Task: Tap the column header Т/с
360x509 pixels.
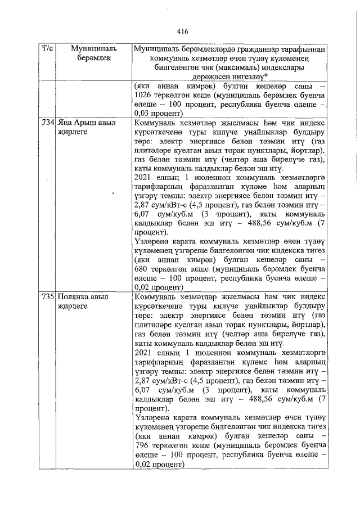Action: (x=47, y=50)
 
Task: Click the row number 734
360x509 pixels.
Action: (x=47, y=122)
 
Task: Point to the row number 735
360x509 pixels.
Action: (x=47, y=296)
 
